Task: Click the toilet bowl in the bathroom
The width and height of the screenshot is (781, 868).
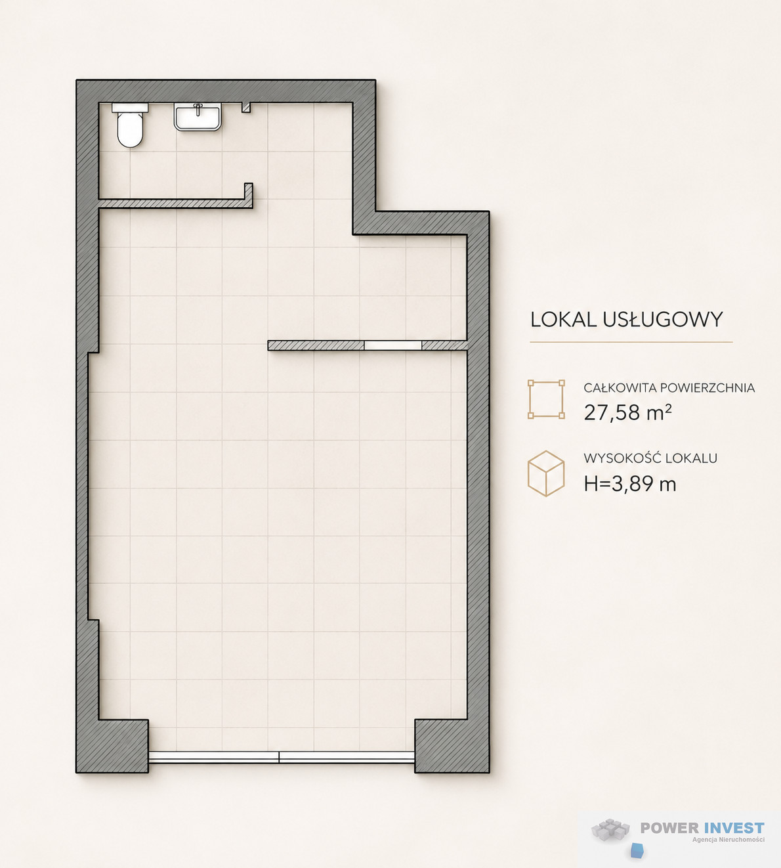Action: point(130,130)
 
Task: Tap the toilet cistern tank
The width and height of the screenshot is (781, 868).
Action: point(130,108)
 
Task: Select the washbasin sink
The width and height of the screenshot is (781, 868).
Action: point(198,117)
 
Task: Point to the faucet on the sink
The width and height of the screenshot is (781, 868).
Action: point(198,109)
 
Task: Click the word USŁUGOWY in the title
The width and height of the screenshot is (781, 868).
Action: point(663,320)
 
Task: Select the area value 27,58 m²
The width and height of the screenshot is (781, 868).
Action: point(628,412)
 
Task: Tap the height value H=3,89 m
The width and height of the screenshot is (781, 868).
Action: point(630,484)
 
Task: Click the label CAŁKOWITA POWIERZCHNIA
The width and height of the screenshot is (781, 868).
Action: point(669,387)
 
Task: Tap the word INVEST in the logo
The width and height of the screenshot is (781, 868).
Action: point(734,828)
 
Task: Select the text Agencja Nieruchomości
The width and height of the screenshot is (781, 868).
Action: point(728,840)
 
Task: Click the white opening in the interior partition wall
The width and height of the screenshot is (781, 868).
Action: point(393,345)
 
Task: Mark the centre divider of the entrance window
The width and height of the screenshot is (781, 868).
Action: point(279,757)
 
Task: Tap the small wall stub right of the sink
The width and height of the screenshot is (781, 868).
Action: point(246,108)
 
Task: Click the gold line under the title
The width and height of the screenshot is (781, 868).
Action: point(631,342)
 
